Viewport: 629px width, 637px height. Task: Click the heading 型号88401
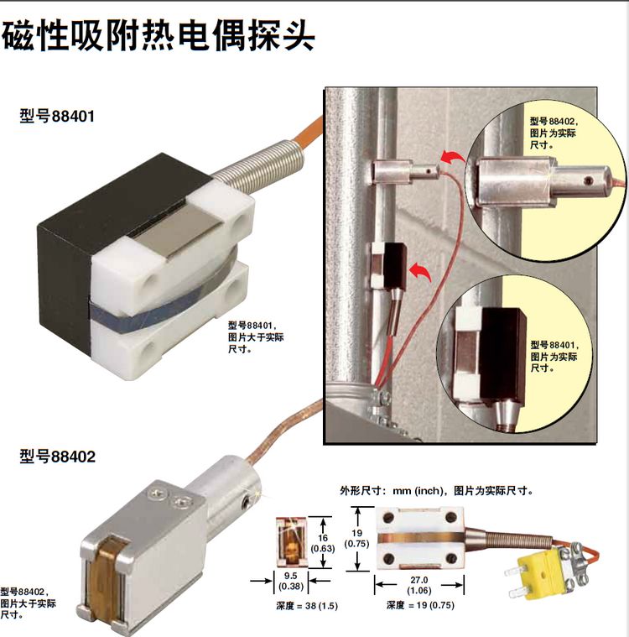coord(57,116)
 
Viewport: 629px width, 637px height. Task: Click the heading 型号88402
coord(57,457)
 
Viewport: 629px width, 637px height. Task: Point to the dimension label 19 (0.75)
coord(355,536)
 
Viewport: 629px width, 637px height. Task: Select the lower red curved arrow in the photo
coord(422,271)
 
